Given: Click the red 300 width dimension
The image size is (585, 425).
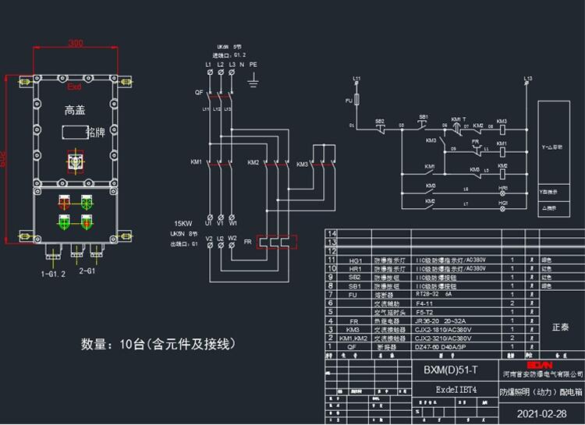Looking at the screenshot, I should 75,43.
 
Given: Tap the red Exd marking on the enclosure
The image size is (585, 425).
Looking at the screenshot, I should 75,87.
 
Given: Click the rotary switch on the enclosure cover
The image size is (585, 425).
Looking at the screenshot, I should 76,161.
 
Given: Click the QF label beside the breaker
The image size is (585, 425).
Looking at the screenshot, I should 198,92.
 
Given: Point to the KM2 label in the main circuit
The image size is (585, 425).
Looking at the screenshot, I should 253,162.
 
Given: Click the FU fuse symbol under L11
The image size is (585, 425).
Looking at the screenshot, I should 356,101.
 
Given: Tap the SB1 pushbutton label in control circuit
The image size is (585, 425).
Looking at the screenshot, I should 424,116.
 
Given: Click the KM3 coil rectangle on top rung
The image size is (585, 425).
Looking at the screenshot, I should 502,130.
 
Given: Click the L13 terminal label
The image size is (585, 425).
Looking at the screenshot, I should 528,79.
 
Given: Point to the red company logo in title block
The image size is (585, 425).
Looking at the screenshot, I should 540,363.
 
